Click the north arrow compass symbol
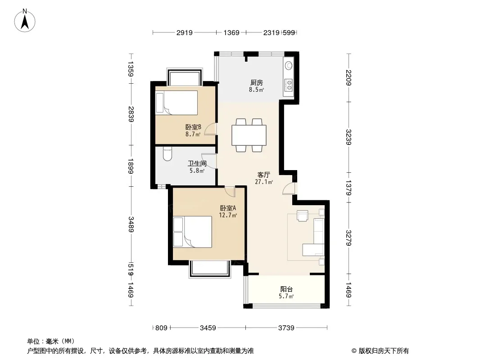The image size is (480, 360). pyautogui.click(x=25, y=21)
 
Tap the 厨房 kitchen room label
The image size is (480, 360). pyautogui.click(x=257, y=83)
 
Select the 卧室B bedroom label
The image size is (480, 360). pyautogui.click(x=193, y=127)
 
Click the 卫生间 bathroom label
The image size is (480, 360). pyautogui.click(x=197, y=164)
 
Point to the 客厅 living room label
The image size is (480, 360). pyautogui.click(x=263, y=175)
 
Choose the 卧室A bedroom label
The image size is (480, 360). pyautogui.click(x=228, y=208)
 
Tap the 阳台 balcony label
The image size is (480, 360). pyautogui.click(x=286, y=289)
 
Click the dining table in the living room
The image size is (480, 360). pyautogui.click(x=249, y=135)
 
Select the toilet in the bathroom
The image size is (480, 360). pyautogui.click(x=168, y=154)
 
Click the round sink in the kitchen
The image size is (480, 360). pyautogui.click(x=289, y=65)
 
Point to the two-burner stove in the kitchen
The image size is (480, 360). pyautogui.click(x=289, y=85)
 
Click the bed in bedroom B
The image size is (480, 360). pyautogui.click(x=177, y=103)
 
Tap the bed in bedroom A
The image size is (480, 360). pyautogui.click(x=193, y=232)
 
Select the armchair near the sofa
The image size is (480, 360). pyautogui.click(x=303, y=216)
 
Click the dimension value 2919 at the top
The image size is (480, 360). pyautogui.click(x=184, y=33)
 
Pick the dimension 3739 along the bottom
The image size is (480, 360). pyautogui.click(x=286, y=328)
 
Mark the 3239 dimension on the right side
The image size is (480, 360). pyautogui.click(x=349, y=137)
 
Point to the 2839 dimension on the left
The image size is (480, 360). pyautogui.click(x=131, y=114)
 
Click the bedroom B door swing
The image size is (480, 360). pyautogui.click(x=211, y=129)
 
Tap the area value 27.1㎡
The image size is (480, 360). pyautogui.click(x=263, y=182)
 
